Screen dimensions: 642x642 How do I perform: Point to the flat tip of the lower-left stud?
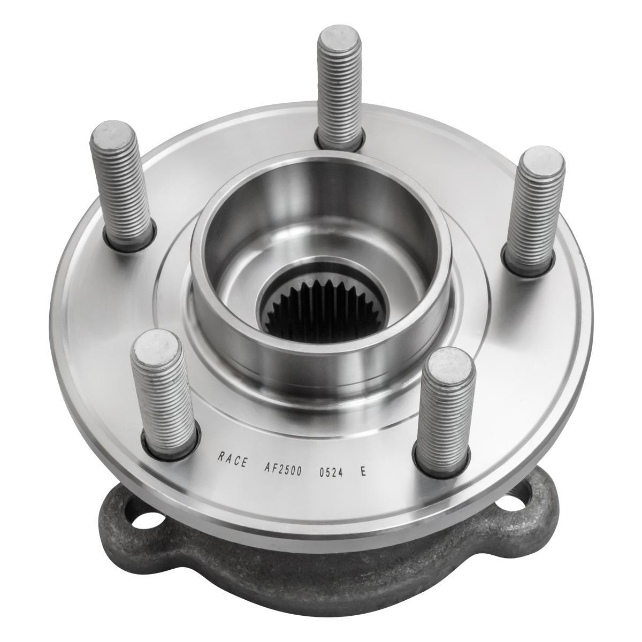click(156, 345)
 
